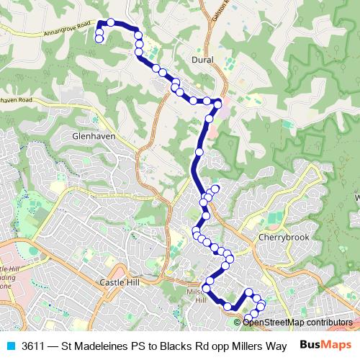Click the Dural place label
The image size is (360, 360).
[203, 60]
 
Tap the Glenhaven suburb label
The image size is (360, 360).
[94, 135]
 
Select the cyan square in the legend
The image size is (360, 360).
[9, 345]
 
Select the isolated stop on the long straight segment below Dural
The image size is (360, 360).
[199, 152]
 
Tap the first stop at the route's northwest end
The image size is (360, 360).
[99, 39]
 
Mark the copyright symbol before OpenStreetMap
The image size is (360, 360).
[238, 323]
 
